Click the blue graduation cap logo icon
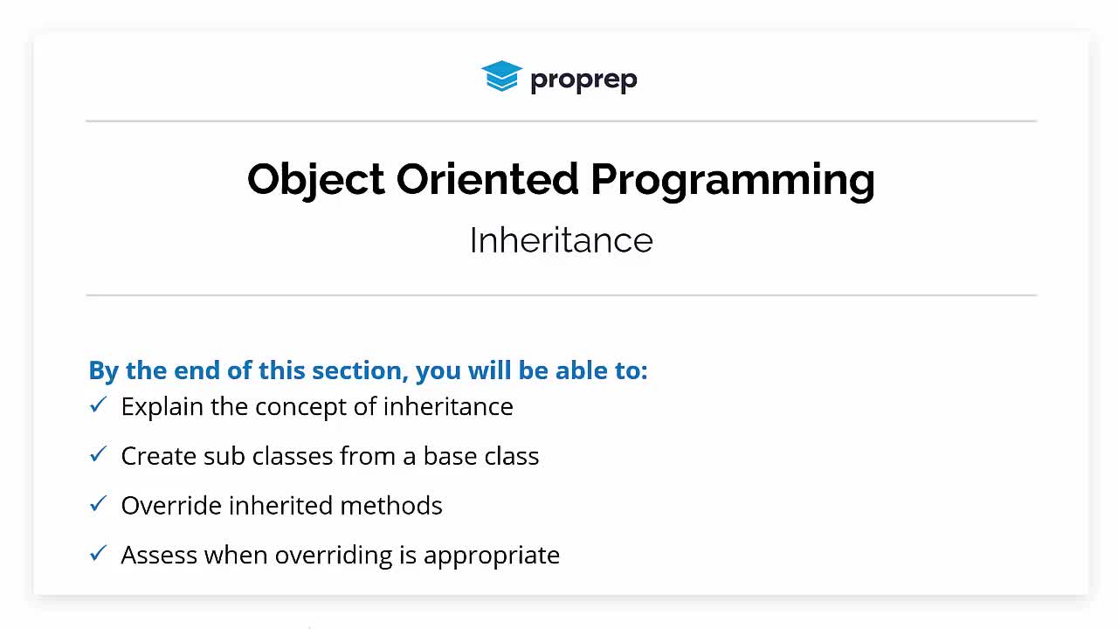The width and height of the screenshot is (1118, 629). click(501, 76)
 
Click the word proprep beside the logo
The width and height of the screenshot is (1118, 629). click(583, 79)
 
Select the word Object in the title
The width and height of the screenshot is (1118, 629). click(316, 180)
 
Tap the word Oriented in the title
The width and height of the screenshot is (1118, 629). click(487, 179)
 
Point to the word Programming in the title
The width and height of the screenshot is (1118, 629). click(733, 181)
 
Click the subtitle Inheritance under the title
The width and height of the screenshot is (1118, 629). click(561, 240)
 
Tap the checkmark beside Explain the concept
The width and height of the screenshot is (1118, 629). click(99, 404)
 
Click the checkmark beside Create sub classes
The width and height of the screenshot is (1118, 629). click(99, 453)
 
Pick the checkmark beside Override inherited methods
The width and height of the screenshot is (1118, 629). click(99, 503)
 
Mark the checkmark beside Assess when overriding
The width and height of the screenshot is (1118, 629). click(99, 553)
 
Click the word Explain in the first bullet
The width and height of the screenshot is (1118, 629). click(162, 407)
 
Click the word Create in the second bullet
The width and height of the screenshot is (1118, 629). click(159, 456)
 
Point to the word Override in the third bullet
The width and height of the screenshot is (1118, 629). click(172, 505)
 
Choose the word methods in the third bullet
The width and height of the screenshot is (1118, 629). click(391, 505)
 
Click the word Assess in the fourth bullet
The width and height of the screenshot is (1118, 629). click(159, 555)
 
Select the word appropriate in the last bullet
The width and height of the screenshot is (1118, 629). click(492, 556)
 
